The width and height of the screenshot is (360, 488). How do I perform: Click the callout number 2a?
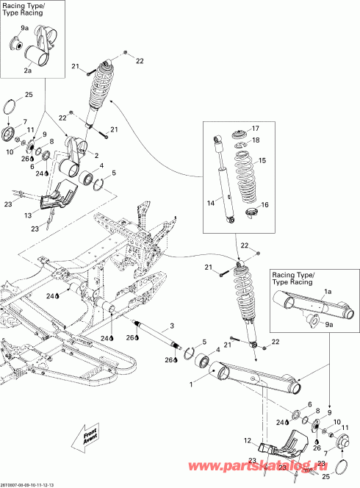point(27,71)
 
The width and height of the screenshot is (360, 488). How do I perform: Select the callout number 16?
point(264,205)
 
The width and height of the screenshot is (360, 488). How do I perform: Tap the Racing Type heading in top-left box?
point(24,10)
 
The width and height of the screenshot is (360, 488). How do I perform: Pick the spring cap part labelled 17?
point(240,134)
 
